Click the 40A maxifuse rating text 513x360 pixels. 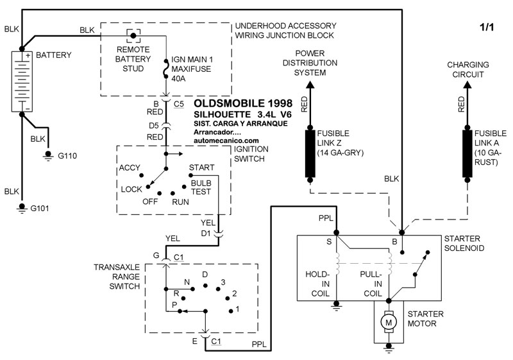coord(178,80)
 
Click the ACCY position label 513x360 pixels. coord(130,168)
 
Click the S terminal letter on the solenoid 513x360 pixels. coord(330,241)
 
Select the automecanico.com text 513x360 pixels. coord(226,140)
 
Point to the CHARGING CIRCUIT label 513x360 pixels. coord(467,69)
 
